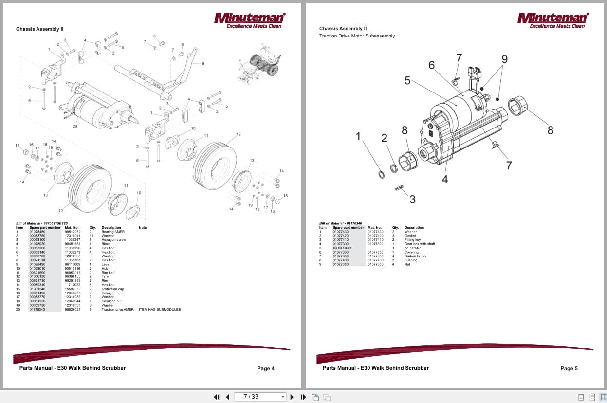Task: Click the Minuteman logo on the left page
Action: tap(250, 20)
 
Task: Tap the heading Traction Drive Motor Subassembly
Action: tap(357, 36)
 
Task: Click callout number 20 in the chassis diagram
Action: tap(75, 127)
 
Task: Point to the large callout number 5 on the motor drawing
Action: tap(407, 81)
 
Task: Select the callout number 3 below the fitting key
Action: tap(412, 199)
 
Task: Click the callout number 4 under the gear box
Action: tap(444, 179)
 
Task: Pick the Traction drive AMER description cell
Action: tap(117, 310)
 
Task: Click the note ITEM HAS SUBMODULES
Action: tap(160, 310)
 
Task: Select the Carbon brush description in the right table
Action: tap(415, 256)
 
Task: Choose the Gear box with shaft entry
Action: tap(419, 244)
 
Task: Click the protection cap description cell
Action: tap(112, 289)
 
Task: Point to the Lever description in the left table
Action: tap(106, 264)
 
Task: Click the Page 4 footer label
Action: tap(266, 369)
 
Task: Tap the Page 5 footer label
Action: tap(569, 369)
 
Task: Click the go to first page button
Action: tap(217, 397)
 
